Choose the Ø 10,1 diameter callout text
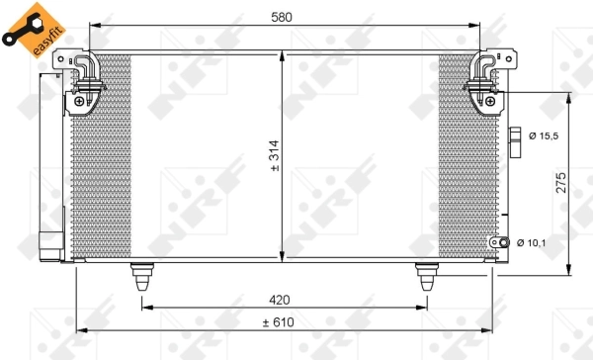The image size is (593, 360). pyautogui.click(x=535, y=242)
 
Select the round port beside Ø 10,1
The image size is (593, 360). pyautogui.click(x=504, y=242)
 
